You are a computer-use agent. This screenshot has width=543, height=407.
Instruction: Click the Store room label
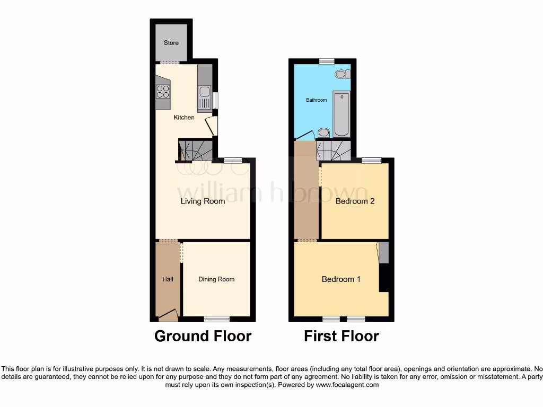pyautogui.click(x=171, y=43)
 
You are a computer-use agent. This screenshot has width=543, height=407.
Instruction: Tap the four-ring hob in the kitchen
pyautogui.click(x=162, y=92)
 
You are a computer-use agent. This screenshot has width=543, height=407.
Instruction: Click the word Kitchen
pyautogui.click(x=184, y=117)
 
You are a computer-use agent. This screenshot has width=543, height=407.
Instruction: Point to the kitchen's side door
pyautogui.click(x=212, y=126)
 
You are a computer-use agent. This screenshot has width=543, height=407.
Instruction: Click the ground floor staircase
pyautogui.click(x=196, y=149)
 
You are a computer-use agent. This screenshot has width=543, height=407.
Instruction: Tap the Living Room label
pyautogui.click(x=203, y=201)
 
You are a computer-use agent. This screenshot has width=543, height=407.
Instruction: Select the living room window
pyautogui.click(x=232, y=160)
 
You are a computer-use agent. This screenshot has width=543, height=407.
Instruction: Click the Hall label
pyautogui.click(x=168, y=279)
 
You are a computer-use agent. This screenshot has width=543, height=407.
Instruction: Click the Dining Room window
pyautogui.click(x=217, y=318)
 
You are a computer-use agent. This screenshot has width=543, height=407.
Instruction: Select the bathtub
pyautogui.click(x=341, y=113)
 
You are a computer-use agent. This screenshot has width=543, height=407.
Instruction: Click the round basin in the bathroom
pyautogui.click(x=324, y=132)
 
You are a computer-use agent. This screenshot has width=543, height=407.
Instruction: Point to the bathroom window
pyautogui.click(x=327, y=61)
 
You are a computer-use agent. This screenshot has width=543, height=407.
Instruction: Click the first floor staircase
pyautogui.click(x=333, y=151)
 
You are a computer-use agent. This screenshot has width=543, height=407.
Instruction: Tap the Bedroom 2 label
pyautogui.click(x=355, y=201)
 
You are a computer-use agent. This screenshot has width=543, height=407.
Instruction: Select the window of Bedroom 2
pyautogui.click(x=371, y=160)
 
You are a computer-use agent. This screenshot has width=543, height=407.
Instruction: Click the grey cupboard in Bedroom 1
pyautogui.click(x=383, y=253)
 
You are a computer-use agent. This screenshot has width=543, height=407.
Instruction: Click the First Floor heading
pyautogui.click(x=341, y=336)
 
